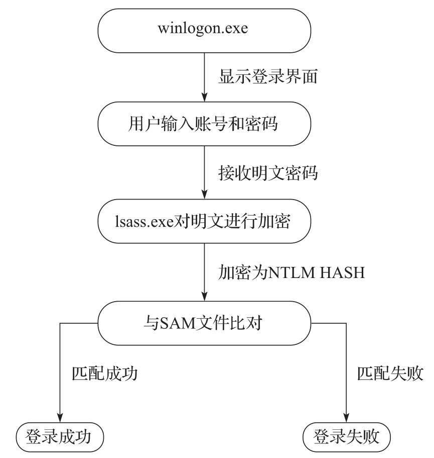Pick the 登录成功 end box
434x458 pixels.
(x=60, y=435)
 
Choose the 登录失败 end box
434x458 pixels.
(x=347, y=435)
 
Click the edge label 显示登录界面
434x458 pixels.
(x=266, y=79)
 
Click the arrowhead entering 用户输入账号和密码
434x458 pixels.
(x=205, y=98)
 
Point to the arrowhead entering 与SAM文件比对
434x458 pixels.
(x=205, y=295)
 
